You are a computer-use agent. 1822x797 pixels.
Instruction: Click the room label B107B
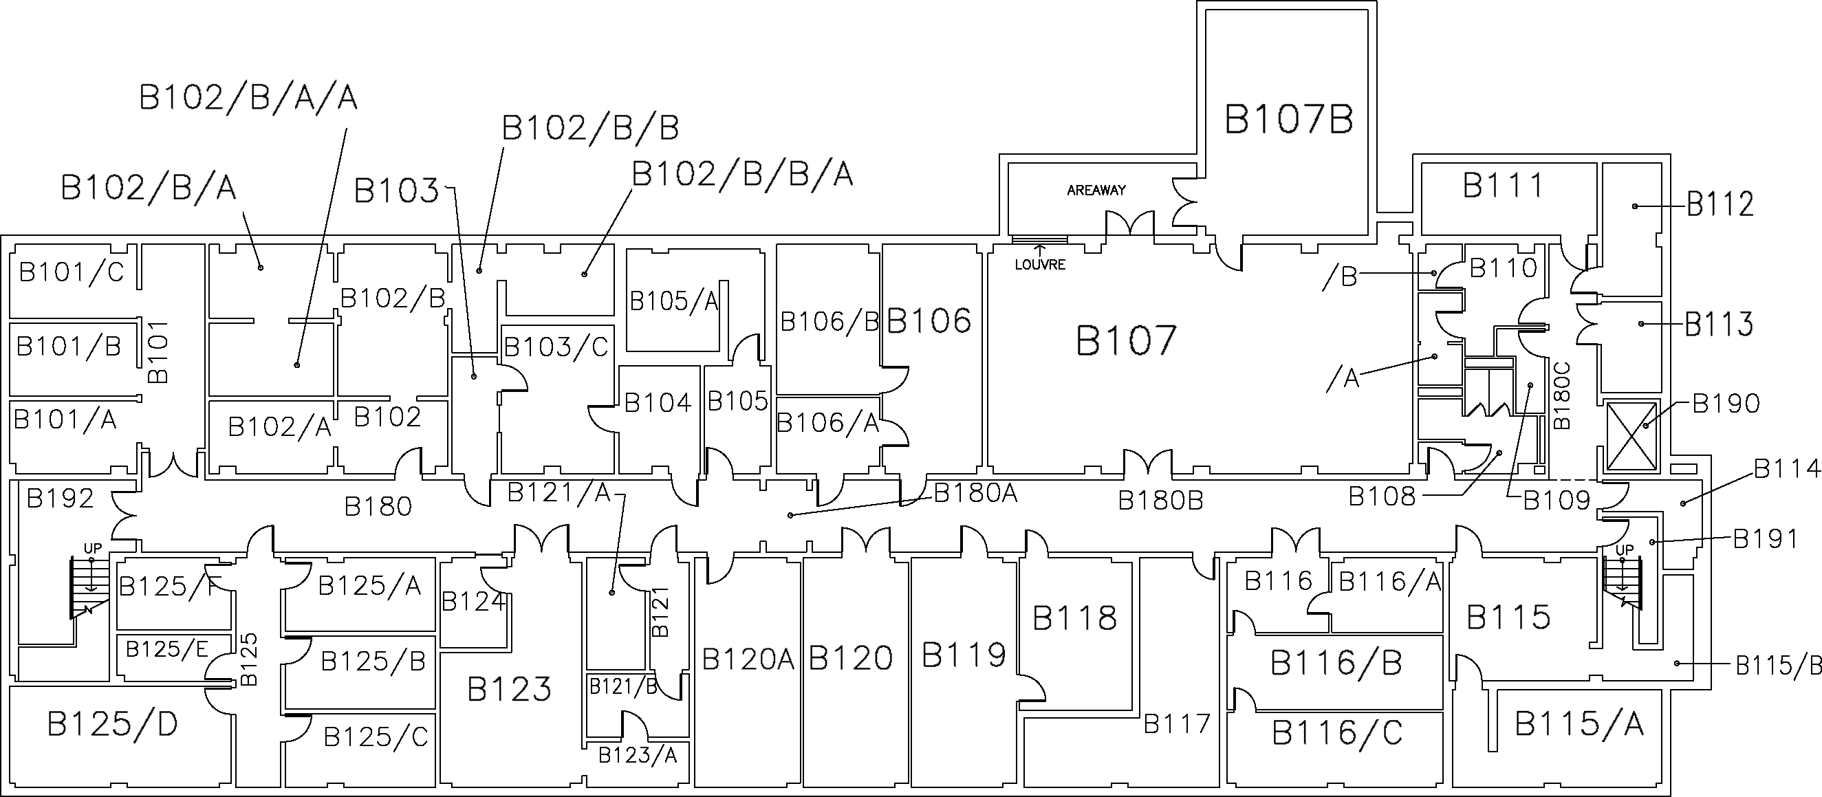(1288, 119)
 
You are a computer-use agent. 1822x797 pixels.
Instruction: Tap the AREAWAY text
(1096, 190)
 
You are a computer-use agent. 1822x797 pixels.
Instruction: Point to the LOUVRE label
(1040, 265)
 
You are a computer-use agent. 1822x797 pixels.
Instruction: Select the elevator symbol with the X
(1631, 435)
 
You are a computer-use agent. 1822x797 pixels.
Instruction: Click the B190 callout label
(1726, 404)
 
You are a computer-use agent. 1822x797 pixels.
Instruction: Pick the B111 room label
(1503, 186)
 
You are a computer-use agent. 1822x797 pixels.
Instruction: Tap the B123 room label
(508, 689)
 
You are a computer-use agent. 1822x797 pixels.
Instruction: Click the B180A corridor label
(975, 494)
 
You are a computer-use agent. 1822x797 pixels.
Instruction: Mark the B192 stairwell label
(60, 499)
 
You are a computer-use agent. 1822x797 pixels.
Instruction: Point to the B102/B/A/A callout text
(248, 98)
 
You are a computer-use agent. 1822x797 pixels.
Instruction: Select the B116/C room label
(1337, 732)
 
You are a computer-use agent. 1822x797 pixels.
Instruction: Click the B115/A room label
(1579, 723)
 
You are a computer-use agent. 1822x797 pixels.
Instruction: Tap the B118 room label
(1074, 618)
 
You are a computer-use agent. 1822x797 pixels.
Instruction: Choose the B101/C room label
(71, 272)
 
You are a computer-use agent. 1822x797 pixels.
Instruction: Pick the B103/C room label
(556, 347)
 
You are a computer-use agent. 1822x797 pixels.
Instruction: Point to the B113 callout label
(1719, 325)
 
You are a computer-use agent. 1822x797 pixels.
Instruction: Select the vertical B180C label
(1562, 395)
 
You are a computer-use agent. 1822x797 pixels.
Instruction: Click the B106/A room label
(827, 423)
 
